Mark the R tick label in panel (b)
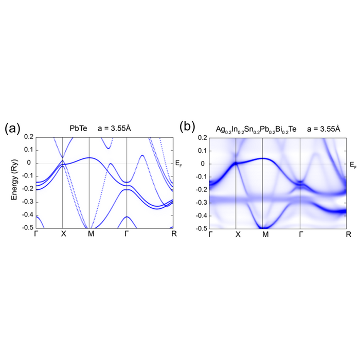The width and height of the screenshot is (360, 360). point(348,235)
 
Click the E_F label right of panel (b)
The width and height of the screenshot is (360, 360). point(353,165)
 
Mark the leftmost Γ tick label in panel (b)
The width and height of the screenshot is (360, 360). point(211,235)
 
